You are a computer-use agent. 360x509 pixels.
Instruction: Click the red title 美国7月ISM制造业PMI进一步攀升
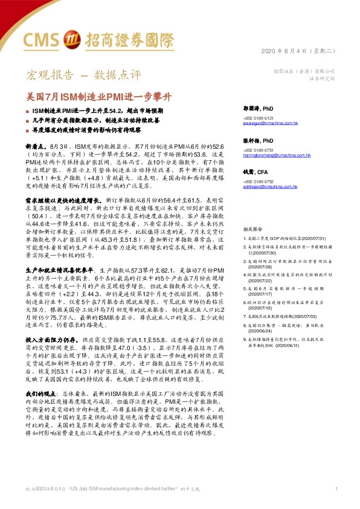100,96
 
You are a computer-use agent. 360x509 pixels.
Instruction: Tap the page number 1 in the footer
336,488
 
